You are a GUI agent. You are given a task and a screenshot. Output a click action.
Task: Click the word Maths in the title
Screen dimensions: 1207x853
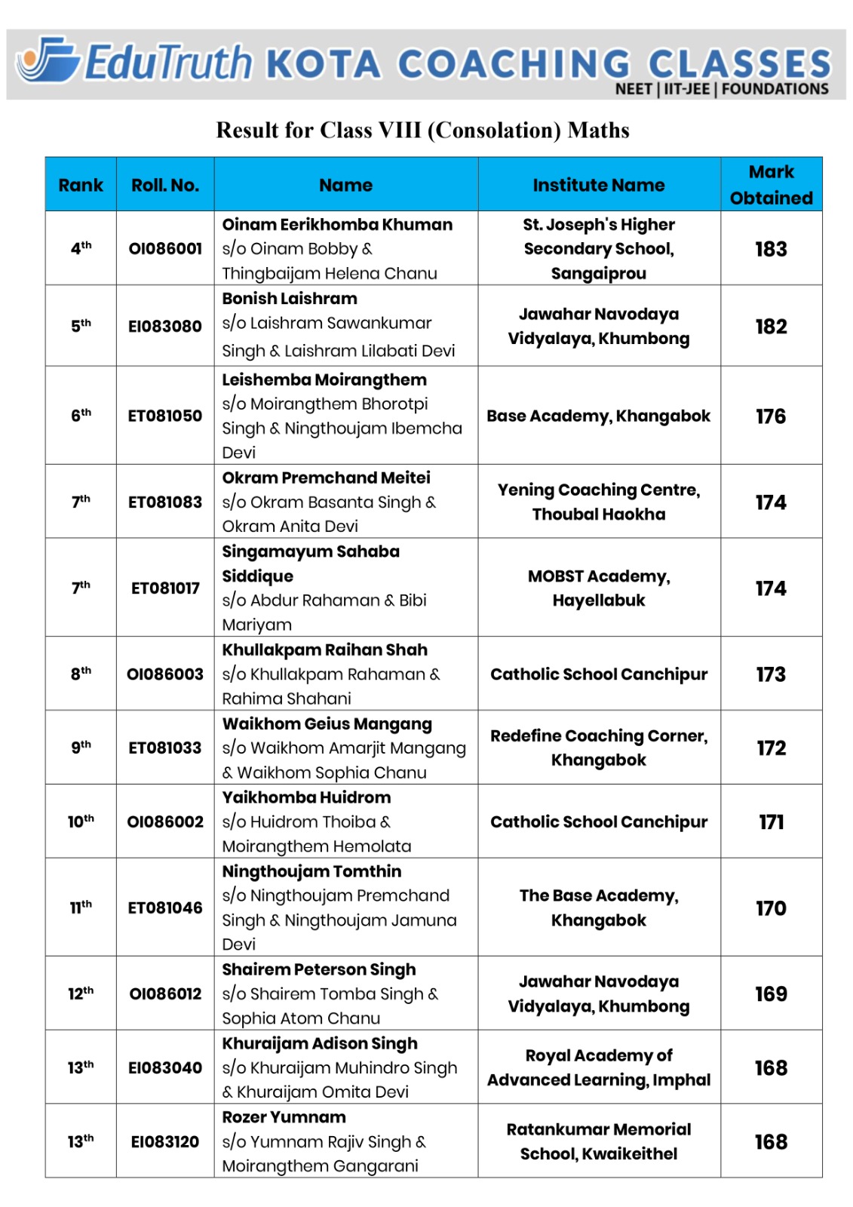pos(598,131)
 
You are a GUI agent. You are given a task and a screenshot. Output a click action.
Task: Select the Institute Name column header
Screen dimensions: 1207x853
pos(599,185)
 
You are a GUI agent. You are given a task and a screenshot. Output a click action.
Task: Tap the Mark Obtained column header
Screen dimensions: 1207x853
pos(771,185)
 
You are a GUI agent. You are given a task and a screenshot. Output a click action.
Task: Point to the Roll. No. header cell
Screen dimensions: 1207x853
pos(165,185)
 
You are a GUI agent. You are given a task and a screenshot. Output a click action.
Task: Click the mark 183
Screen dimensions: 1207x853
pos(771,249)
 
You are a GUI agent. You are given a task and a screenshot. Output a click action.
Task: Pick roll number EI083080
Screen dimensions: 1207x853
pos(165,327)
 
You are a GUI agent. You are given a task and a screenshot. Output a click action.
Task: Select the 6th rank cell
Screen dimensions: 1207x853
pos(81,416)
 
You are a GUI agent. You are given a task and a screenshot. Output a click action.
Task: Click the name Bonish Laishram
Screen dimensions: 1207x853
pos(290,299)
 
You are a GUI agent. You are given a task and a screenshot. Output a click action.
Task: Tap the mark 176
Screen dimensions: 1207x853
pos(771,416)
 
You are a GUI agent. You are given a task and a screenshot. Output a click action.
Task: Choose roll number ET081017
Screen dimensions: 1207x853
pos(165,588)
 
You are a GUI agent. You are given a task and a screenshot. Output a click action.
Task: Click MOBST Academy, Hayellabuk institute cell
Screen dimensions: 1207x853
pos(599,588)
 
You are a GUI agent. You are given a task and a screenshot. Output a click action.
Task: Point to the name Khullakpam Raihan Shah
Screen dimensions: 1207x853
pos(324,650)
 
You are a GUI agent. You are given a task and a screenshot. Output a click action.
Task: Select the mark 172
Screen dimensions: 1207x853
pos(771,748)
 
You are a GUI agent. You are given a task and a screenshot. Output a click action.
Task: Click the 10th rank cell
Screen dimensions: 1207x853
pos(81,822)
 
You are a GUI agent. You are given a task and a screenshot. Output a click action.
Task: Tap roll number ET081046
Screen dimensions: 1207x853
pos(165,908)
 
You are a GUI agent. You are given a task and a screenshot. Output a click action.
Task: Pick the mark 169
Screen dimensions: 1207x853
pos(771,994)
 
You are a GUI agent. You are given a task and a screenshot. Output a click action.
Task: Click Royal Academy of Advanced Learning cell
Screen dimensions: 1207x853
pos(599,1067)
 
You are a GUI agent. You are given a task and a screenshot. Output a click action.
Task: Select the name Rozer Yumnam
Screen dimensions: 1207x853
pos(284,1117)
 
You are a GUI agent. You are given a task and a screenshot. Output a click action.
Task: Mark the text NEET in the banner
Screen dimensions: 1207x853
pos(634,90)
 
